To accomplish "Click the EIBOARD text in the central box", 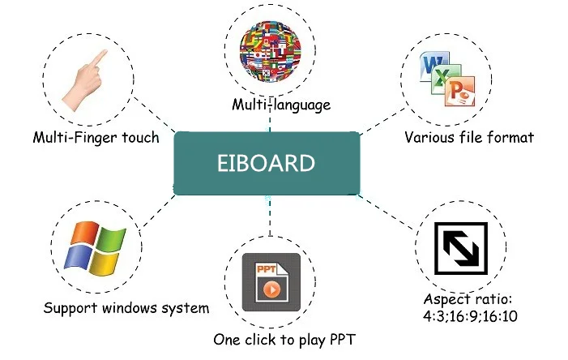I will tap(267, 162).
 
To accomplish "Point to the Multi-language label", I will tap(271, 104).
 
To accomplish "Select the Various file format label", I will tap(469, 137).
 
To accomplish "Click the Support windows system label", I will tap(126, 308).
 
